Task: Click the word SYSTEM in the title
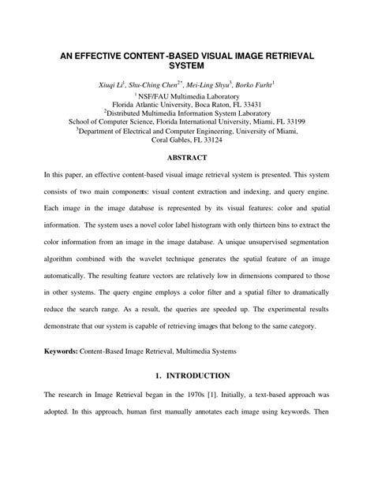click(187, 68)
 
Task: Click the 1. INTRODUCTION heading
click(187, 376)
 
